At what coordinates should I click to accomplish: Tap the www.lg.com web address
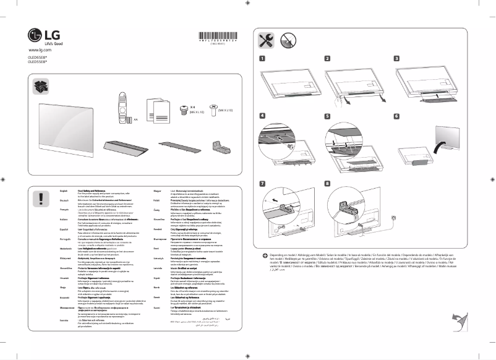coord(39,49)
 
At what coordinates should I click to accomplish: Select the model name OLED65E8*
coord(38,56)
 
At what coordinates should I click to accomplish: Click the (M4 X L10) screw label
coord(225,109)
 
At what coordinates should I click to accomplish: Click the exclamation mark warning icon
coord(41,198)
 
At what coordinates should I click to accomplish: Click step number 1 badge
coord(262,59)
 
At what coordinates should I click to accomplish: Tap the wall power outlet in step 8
coord(386,218)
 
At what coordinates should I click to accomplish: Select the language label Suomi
coord(155,307)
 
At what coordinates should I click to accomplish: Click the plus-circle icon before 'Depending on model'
coord(265,255)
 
